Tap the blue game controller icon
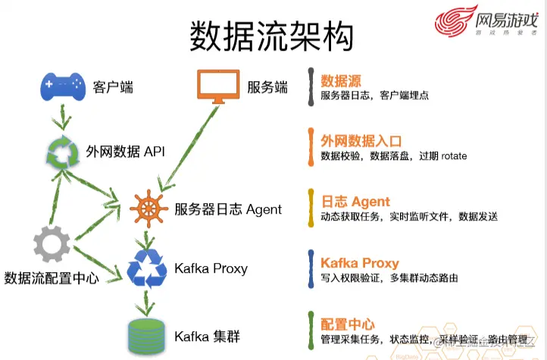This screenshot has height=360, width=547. [62, 86]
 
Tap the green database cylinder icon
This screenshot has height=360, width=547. [147, 335]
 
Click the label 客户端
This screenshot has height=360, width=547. [113, 87]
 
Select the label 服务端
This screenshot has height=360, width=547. [267, 87]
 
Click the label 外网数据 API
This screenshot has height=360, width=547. [126, 152]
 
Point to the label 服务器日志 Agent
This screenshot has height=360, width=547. [227, 209]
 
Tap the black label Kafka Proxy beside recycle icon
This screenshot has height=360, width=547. [211, 268]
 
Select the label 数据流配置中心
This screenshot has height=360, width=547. [52, 277]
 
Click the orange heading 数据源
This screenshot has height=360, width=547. [340, 80]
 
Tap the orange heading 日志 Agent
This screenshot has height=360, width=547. [355, 202]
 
